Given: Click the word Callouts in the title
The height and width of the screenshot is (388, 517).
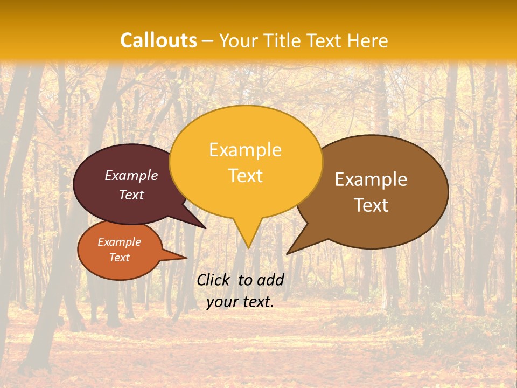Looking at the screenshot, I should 158,40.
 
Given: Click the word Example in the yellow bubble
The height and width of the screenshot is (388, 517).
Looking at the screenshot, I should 245,150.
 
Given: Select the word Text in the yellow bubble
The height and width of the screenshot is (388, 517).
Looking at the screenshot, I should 245,176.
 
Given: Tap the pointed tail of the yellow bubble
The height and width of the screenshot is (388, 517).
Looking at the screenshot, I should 248,242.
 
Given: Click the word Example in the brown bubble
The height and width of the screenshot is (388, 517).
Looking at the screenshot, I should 371,179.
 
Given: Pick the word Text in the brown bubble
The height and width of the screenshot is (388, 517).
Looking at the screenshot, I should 371,205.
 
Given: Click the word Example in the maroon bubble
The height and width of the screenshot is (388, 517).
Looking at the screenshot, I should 131,175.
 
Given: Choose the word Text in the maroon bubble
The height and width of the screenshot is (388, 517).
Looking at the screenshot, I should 131,195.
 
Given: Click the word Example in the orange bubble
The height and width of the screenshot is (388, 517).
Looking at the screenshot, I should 119,242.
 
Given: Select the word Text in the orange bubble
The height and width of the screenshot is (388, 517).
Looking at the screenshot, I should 119,258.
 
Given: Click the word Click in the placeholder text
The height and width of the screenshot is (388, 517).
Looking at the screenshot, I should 214,280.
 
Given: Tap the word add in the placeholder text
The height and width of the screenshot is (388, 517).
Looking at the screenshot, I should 270,280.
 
